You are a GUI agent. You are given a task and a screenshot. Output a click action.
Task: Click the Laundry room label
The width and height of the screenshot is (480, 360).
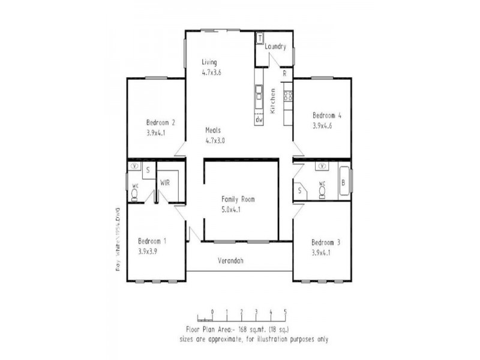click(x=275, y=47)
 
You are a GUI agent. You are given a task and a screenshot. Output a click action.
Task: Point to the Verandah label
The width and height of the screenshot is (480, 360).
click(x=230, y=260)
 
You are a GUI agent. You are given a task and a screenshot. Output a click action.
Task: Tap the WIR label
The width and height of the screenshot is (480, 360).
click(x=165, y=182)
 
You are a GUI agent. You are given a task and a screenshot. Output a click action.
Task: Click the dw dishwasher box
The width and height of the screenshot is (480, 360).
click(x=259, y=119)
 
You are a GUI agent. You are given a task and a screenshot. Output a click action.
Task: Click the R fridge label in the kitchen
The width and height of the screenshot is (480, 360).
click(x=284, y=73)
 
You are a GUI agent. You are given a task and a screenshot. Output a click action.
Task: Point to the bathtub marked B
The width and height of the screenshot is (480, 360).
click(x=343, y=183)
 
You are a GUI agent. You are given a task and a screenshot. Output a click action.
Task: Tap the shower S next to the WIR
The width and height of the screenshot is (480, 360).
click(x=148, y=170)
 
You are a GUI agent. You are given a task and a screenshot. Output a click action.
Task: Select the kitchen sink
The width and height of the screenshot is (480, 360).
click(x=259, y=94)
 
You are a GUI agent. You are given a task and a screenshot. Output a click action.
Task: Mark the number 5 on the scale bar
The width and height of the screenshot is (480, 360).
click(x=286, y=311)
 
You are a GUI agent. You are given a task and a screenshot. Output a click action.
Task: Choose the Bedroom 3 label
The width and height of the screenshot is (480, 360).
click(x=326, y=242)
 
